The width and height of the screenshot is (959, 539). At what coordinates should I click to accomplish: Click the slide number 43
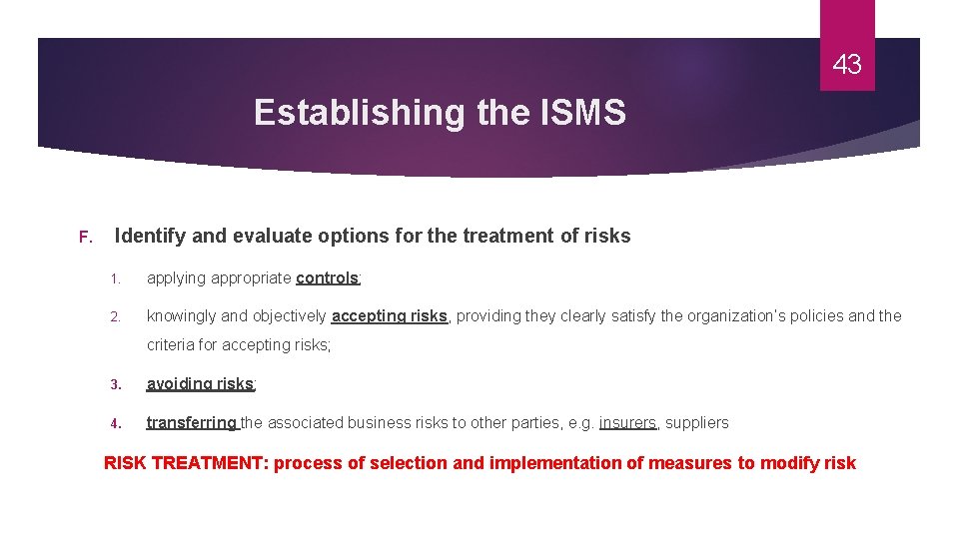pyautogui.click(x=846, y=66)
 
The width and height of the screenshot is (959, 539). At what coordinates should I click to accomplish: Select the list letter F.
pyautogui.click(x=85, y=238)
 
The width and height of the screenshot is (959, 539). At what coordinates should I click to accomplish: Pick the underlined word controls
pyautogui.click(x=327, y=277)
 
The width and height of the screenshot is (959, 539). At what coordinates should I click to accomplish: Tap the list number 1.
pyautogui.click(x=116, y=278)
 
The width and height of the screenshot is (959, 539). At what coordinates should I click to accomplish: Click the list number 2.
pyautogui.click(x=116, y=316)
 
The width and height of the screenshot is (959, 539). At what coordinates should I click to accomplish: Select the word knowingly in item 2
pyautogui.click(x=182, y=316)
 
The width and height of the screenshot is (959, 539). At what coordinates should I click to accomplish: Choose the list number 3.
pyautogui.click(x=116, y=384)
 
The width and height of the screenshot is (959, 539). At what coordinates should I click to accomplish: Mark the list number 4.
pyautogui.click(x=116, y=423)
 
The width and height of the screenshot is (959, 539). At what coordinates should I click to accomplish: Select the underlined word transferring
pyautogui.click(x=191, y=422)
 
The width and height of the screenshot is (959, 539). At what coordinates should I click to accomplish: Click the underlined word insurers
pyautogui.click(x=627, y=422)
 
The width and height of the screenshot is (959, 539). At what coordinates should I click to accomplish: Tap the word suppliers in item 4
pyautogui.click(x=697, y=422)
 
